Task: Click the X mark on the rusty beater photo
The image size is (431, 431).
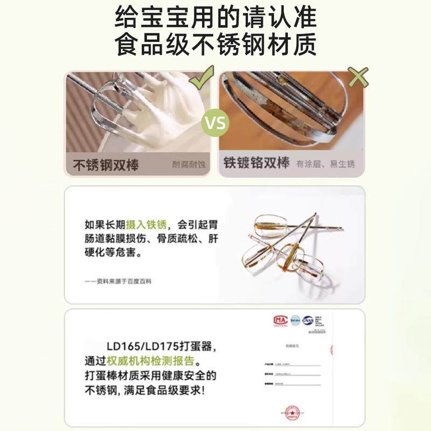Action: pos(358,77)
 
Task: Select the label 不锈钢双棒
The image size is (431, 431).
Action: pos(106,164)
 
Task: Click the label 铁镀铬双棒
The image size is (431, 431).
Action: pos(256,163)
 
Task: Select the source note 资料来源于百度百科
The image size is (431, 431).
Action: pos(118,281)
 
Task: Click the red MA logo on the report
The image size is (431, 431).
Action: pos(280,321)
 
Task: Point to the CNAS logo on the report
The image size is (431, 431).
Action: pos(308,321)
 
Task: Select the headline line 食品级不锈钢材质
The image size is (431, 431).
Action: pos(215,45)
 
